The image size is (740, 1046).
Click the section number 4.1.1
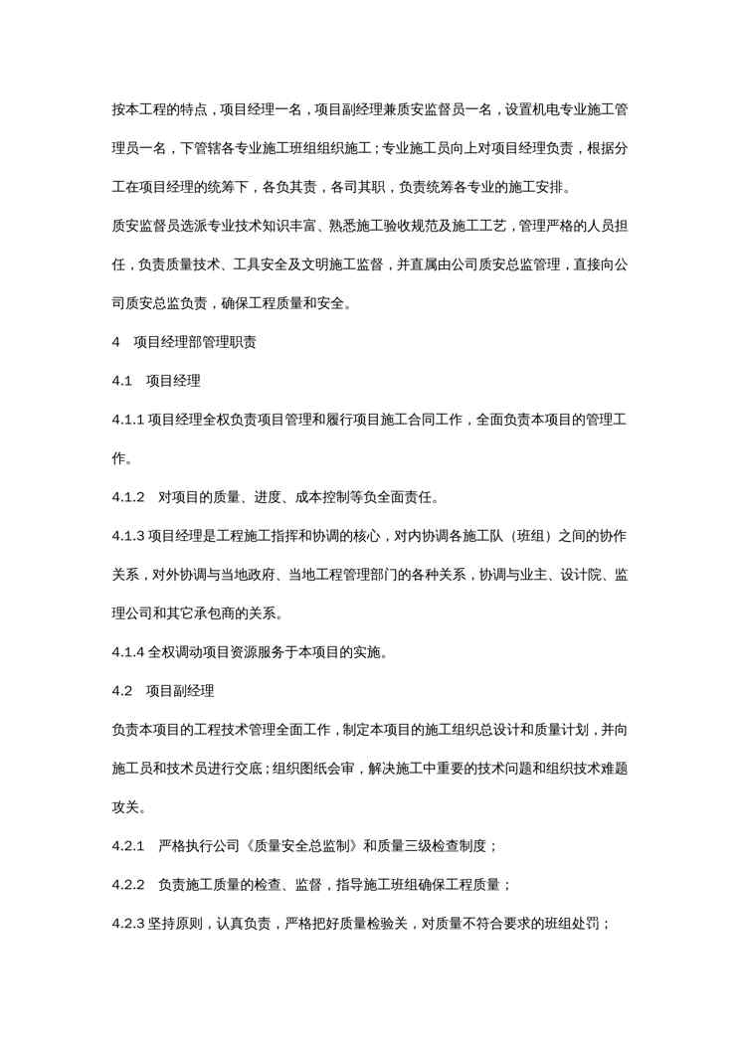click(128, 421)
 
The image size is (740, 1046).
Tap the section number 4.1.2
click(128, 497)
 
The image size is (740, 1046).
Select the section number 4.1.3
click(128, 537)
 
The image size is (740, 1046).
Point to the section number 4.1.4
click(128, 653)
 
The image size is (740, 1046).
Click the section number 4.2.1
click(128, 846)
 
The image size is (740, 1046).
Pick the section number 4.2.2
click(128, 884)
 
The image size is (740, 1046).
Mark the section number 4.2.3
click(128, 924)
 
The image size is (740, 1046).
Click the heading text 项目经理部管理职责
click(195, 343)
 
